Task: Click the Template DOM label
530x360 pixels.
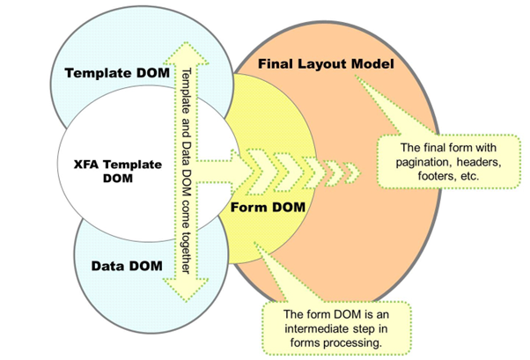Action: pyautogui.click(x=116, y=72)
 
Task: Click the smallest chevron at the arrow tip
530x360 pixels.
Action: pyautogui.click(x=354, y=169)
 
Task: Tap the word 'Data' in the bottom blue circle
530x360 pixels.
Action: pyautogui.click(x=110, y=263)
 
